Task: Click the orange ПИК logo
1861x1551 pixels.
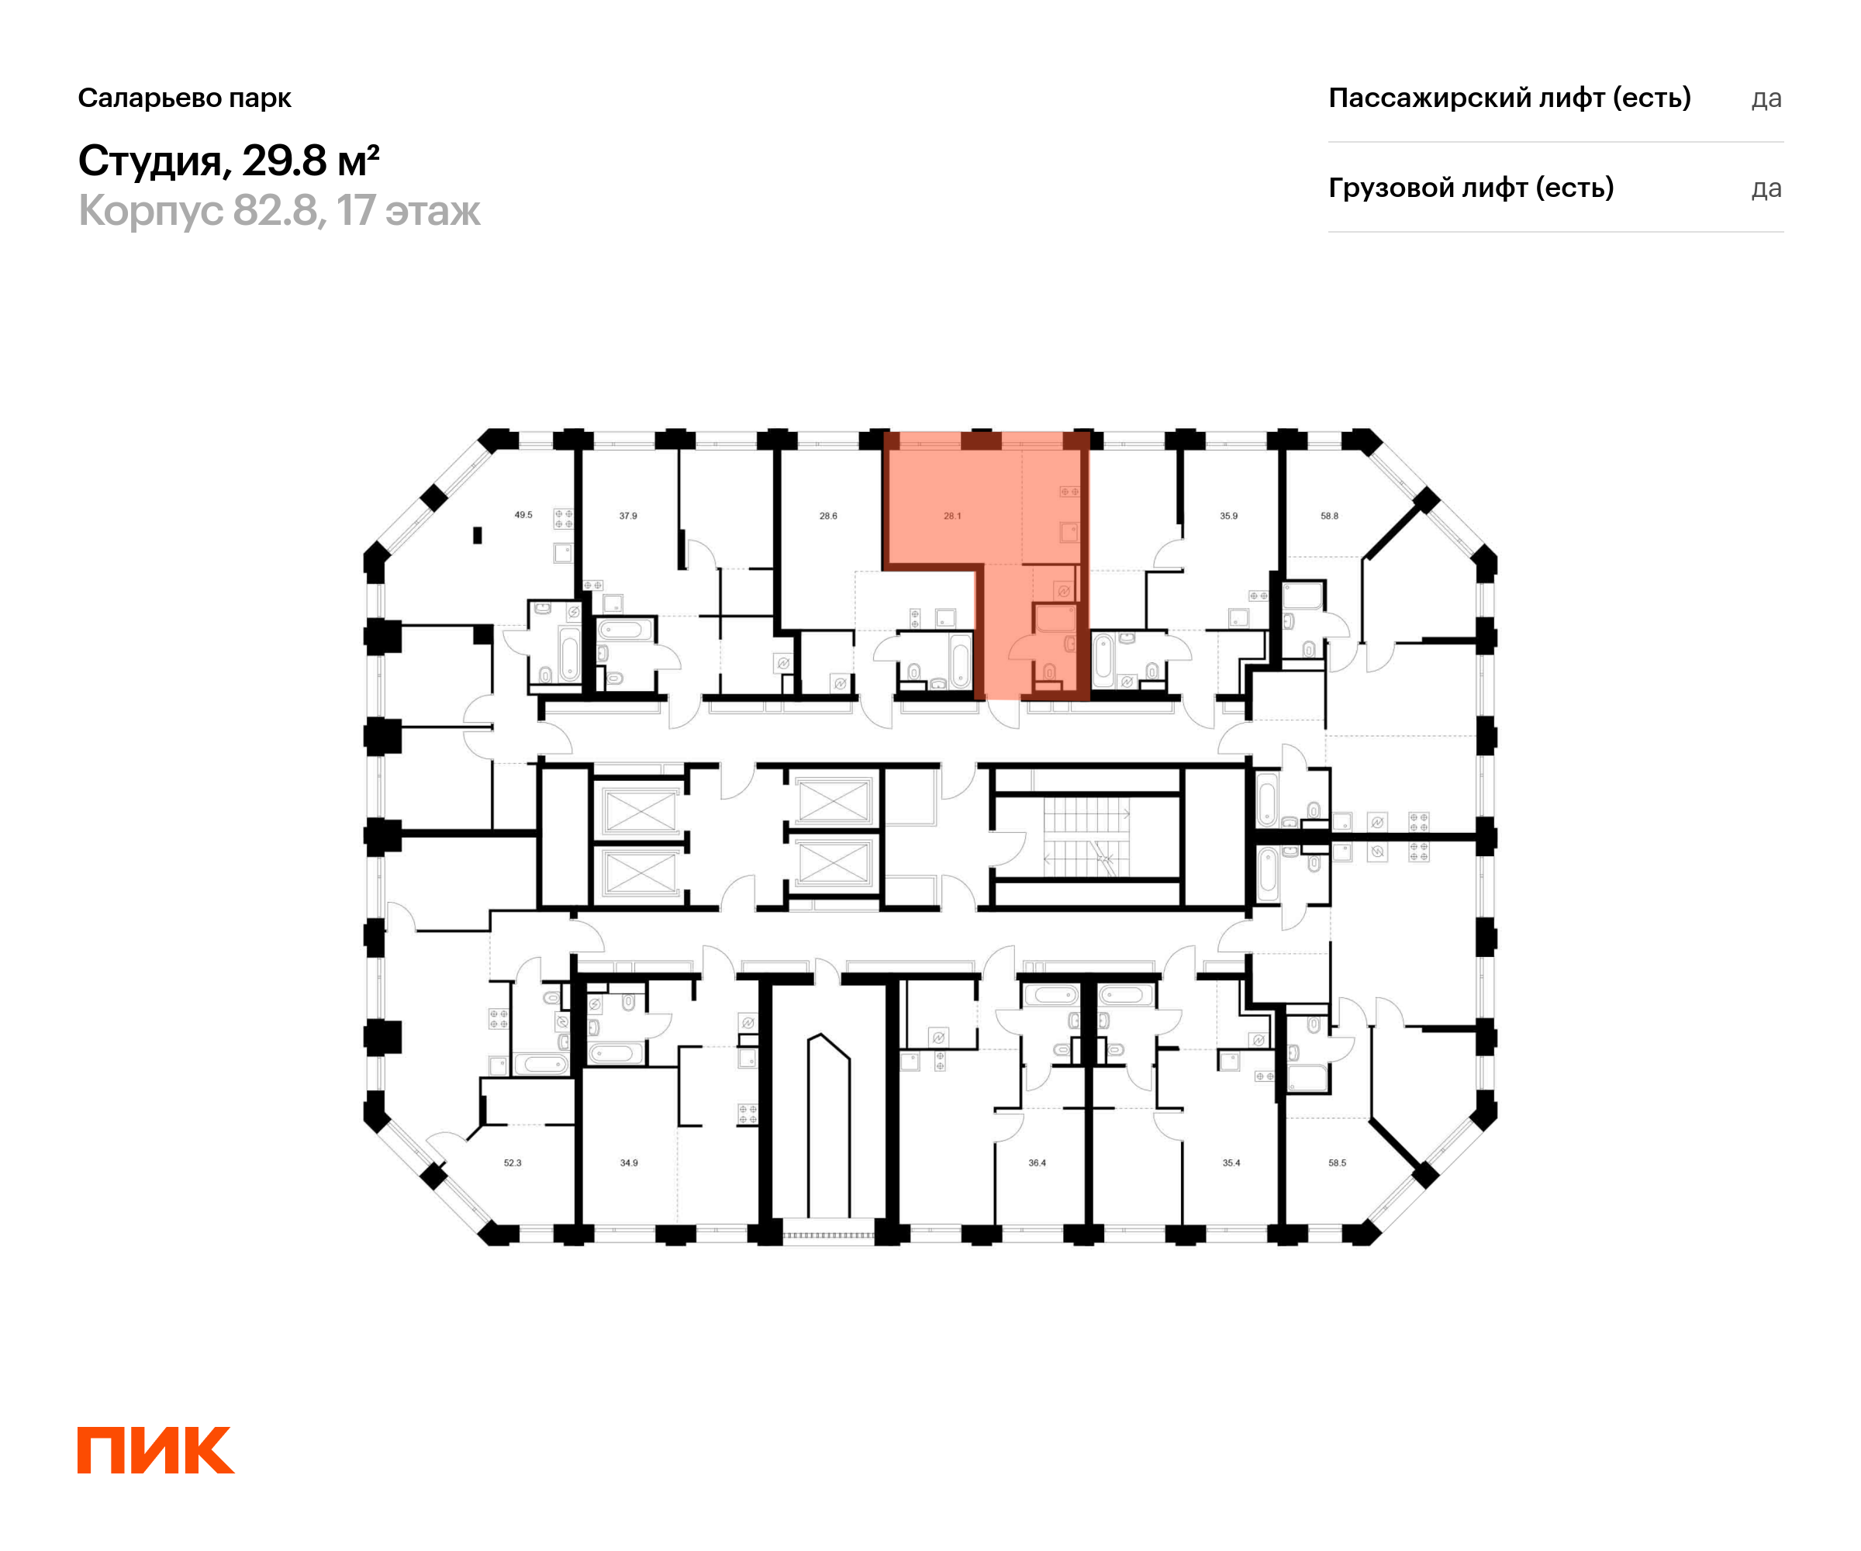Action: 156,1449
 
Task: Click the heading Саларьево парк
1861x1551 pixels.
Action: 185,98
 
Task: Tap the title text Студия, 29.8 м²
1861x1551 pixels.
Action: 229,161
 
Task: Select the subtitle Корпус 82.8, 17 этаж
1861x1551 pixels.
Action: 279,211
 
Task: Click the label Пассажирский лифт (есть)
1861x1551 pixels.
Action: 1509,98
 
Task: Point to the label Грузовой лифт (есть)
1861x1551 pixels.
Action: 1471,188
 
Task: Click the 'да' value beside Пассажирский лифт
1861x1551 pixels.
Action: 1766,99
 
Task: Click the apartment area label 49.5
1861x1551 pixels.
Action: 523,515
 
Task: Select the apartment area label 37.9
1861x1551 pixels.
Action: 628,516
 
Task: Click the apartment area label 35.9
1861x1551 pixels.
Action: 1228,516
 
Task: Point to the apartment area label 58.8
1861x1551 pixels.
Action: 1329,516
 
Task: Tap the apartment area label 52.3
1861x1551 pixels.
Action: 513,1162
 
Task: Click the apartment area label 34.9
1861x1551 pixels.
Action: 629,1162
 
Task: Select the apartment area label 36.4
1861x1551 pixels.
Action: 1038,1162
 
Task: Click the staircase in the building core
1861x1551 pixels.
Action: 1086,838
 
